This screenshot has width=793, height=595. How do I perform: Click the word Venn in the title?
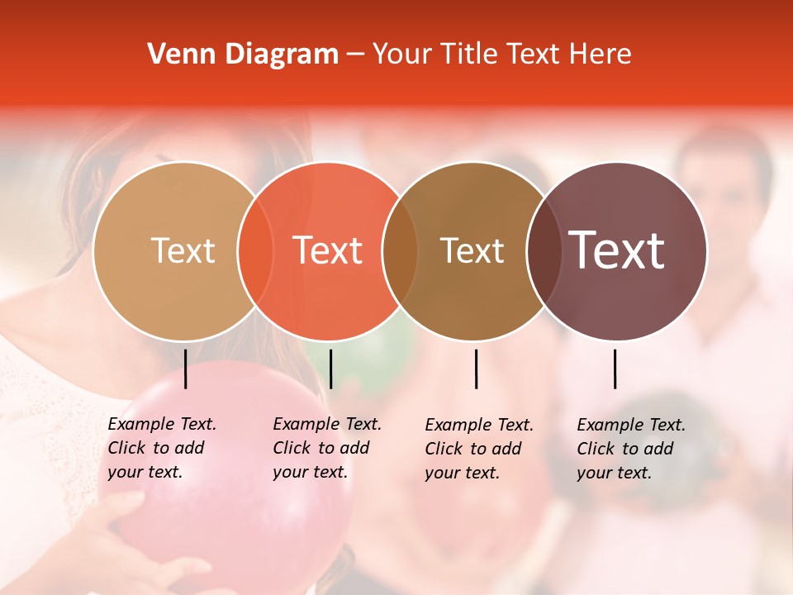[173, 55]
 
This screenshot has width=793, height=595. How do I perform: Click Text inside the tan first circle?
[183, 250]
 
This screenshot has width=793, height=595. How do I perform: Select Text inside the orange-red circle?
[328, 250]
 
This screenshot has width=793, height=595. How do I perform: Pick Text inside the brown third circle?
[472, 250]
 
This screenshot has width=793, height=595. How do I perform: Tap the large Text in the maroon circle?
[617, 250]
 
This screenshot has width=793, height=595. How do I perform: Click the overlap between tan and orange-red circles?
[255, 250]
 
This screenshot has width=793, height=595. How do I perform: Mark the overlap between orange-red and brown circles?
[400, 250]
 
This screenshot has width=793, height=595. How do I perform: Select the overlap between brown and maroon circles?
[544, 250]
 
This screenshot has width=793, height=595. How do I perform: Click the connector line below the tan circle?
[186, 369]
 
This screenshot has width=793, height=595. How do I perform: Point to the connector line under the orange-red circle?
[331, 369]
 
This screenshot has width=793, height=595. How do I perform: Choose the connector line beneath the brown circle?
[477, 369]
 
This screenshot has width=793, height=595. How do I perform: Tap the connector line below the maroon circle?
[615, 369]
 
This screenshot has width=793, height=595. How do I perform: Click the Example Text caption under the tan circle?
[161, 448]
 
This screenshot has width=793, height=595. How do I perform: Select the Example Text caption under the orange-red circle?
[326, 448]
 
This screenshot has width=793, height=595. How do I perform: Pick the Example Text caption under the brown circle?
[478, 449]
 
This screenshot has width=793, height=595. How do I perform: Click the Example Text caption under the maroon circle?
[630, 449]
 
